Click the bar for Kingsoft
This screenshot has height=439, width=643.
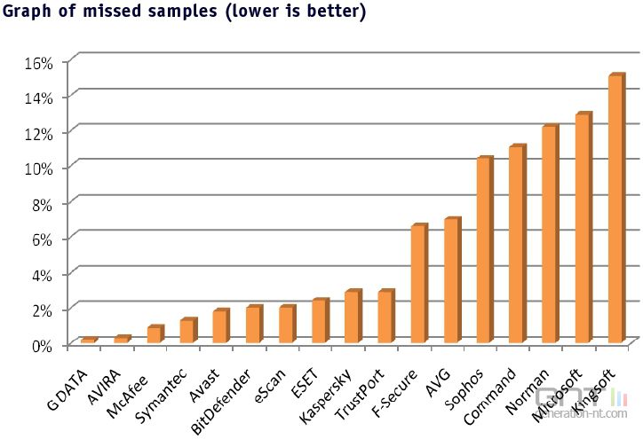(615, 209)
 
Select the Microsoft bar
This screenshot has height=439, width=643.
(583, 228)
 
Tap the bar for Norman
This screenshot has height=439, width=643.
(550, 234)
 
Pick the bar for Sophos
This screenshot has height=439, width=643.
(484, 250)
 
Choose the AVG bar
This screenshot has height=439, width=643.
(451, 280)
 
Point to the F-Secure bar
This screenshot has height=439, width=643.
(418, 284)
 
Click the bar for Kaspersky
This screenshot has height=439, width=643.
(353, 317)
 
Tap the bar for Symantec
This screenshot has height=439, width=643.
(187, 331)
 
